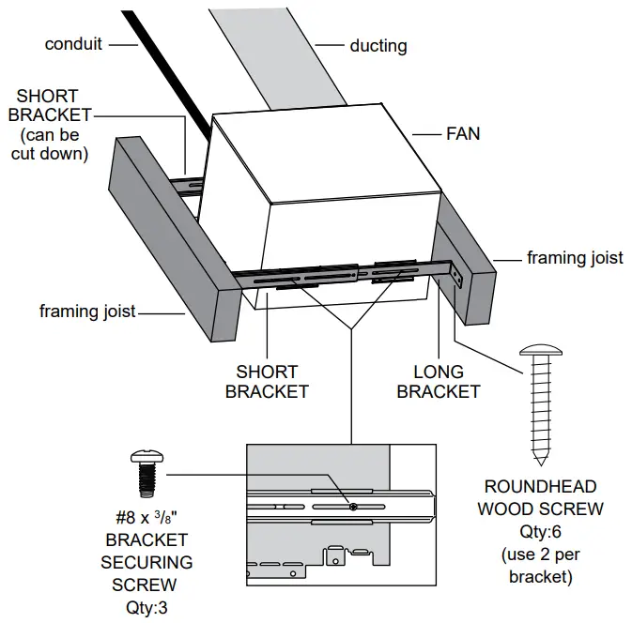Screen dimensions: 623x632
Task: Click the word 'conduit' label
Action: click(x=73, y=44)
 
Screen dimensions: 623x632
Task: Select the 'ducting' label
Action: click(x=378, y=44)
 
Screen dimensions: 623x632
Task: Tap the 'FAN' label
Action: click(x=463, y=134)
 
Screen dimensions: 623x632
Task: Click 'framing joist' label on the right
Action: click(x=575, y=257)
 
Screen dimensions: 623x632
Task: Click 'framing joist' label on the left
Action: click(x=88, y=311)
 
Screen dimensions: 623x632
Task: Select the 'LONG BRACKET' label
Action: click(x=438, y=382)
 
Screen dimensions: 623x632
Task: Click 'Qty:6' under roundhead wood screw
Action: click(x=540, y=531)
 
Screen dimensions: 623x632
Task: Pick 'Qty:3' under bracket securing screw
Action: click(x=145, y=605)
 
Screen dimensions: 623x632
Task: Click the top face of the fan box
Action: click(x=319, y=155)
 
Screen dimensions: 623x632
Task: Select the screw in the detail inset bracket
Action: click(x=350, y=508)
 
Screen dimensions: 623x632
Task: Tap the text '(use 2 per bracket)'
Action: click(x=540, y=565)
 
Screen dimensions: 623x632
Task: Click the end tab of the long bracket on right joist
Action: click(x=457, y=279)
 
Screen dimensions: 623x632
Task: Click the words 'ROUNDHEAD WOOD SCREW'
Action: click(x=540, y=497)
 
